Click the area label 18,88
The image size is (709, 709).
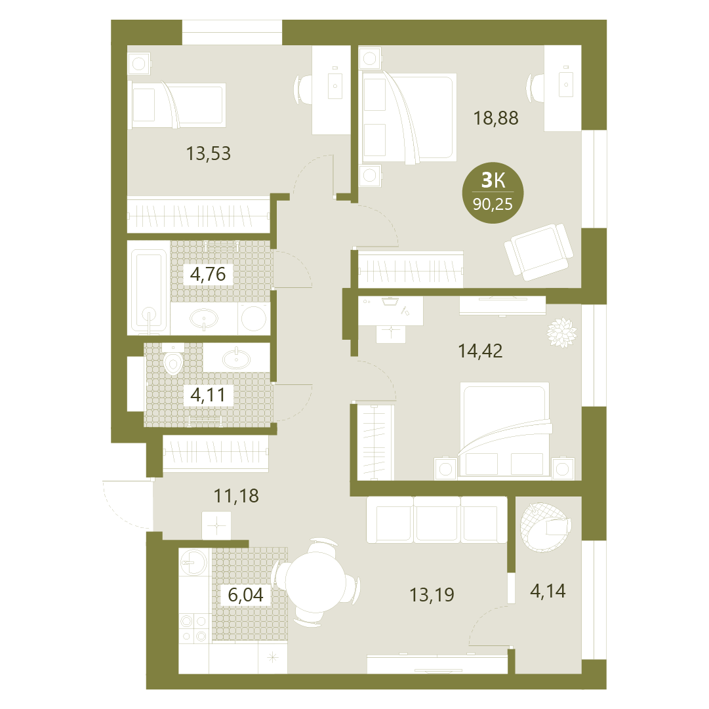coord(496,118)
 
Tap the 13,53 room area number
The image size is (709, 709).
coord(209,153)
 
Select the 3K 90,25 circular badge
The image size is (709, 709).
coord(493,193)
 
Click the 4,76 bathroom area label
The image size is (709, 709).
coord(208,274)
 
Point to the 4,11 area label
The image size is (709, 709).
coord(207,395)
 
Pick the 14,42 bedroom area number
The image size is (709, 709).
coord(480,351)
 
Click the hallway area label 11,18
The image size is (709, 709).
coord(236,496)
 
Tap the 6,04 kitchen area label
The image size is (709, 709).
coord(245,595)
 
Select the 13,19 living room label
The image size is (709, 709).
coord(432,595)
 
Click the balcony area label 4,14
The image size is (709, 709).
coord(548,591)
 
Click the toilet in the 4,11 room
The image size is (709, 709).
coord(172,359)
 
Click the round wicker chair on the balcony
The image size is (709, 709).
coord(545,527)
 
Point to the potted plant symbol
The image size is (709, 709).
coord(561,333)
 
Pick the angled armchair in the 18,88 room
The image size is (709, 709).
coord(538,251)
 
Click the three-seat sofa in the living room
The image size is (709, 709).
coord(437,519)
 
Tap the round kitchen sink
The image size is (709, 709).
coord(193,562)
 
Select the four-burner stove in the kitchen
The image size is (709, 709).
coord(194,628)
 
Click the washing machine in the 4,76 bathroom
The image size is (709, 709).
coord(253,318)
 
